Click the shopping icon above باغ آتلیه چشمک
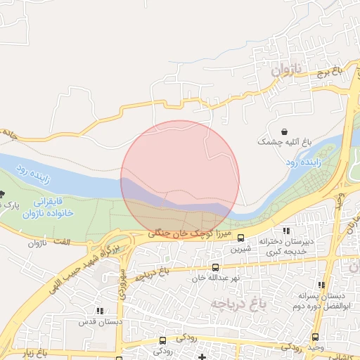pos(284,131)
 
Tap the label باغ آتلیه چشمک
pos(283,141)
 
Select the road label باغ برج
pos(327,72)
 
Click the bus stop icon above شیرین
pos(241,238)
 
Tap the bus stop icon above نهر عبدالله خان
pos(215,267)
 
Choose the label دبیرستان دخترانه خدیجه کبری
pos(285,246)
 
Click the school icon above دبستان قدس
pos(99,311)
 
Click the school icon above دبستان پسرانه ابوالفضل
pos(321,285)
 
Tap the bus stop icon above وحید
pos(315,337)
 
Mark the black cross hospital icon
pos(202,357)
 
